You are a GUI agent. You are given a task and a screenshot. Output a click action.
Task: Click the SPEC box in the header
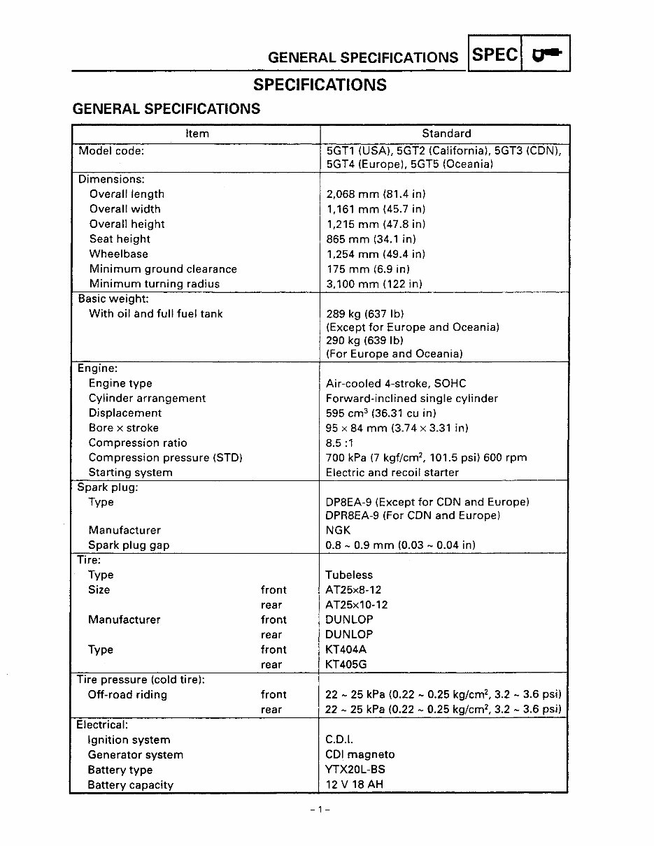[495, 55]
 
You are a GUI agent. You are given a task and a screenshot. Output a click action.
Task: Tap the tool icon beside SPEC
[546, 55]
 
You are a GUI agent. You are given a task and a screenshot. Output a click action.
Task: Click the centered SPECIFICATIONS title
[320, 85]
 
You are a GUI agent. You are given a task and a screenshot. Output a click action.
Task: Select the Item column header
[197, 134]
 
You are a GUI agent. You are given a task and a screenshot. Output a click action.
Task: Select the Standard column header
[446, 134]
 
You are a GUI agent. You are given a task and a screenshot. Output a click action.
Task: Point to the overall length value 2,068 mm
[376, 194]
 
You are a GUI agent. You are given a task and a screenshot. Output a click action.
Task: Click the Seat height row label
[120, 239]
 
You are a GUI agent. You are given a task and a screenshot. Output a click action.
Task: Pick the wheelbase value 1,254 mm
[376, 254]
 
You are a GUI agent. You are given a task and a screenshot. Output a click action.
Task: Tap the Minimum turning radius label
[154, 284]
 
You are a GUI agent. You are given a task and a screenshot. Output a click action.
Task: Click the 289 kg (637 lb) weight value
[364, 314]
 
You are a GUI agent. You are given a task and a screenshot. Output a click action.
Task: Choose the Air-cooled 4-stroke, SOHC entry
[396, 383]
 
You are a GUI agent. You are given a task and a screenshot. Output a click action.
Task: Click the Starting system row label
[130, 473]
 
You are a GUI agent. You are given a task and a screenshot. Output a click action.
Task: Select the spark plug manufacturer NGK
[338, 531]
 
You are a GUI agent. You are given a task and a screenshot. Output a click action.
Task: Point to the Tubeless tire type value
[349, 575]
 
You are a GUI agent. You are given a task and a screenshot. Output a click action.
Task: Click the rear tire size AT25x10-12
[356, 605]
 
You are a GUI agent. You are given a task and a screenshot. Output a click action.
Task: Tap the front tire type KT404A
[346, 650]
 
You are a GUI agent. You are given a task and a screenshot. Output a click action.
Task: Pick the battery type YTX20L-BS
[355, 770]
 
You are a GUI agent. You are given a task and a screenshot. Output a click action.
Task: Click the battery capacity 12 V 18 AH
[354, 784]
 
